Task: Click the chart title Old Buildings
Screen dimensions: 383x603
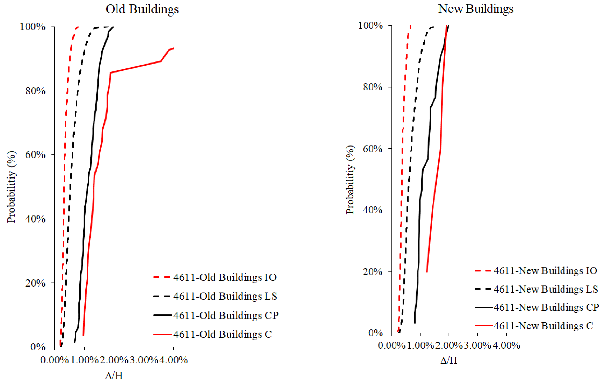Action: coord(142,10)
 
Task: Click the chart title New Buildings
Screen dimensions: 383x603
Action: coord(476,9)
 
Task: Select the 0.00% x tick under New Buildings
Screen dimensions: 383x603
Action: coord(392,346)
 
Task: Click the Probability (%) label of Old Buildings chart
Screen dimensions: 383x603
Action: coord(11,187)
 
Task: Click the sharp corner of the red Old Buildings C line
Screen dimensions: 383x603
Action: coord(110,73)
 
